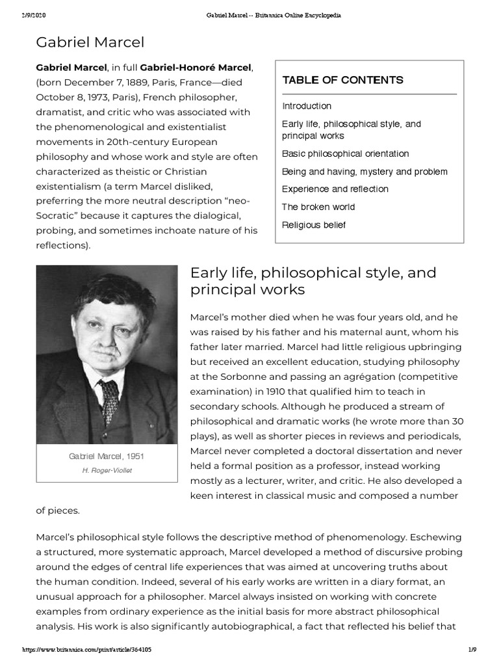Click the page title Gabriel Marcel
[90, 43]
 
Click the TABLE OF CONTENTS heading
[342, 80]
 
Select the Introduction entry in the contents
[307, 106]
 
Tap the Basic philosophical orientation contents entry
[345, 154]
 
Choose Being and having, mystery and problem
[365, 172]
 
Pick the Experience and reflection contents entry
[335, 189]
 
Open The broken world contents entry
[318, 207]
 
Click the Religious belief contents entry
[314, 225]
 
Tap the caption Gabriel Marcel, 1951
[107, 457]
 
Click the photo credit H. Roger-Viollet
[107, 470]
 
